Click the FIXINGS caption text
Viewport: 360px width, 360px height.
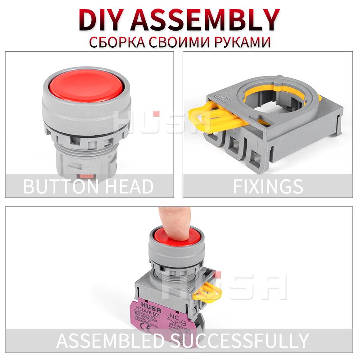pyautogui.click(x=268, y=186)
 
